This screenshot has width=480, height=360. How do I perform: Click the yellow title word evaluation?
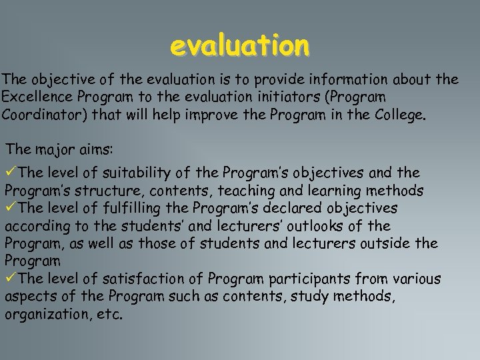pyautogui.click(x=240, y=47)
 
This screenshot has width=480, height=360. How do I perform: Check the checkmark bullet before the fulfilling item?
pyautogui.click(x=11, y=209)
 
